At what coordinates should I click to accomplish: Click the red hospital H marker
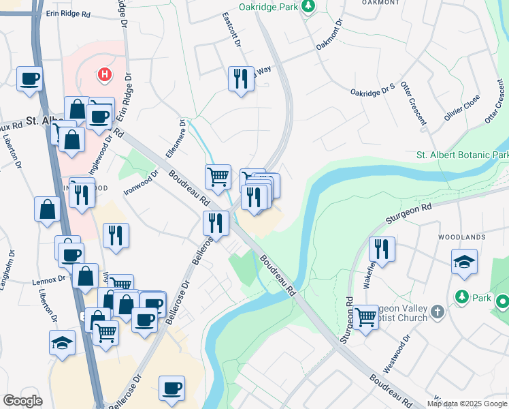click(104, 74)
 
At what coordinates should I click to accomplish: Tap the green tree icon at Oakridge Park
click(308, 6)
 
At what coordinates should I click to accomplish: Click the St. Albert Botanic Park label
click(462, 155)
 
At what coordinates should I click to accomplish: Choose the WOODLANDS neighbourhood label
click(462, 237)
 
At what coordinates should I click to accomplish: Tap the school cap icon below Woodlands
click(464, 262)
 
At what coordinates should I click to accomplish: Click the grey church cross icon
click(437, 312)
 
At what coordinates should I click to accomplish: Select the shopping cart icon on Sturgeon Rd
click(365, 317)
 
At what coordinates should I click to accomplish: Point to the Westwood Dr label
click(397, 353)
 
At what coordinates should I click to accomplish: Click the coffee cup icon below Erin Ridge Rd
click(29, 79)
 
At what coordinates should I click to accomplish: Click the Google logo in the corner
click(22, 401)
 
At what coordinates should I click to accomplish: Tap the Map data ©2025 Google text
click(467, 404)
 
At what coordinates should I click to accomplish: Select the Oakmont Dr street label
click(330, 34)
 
